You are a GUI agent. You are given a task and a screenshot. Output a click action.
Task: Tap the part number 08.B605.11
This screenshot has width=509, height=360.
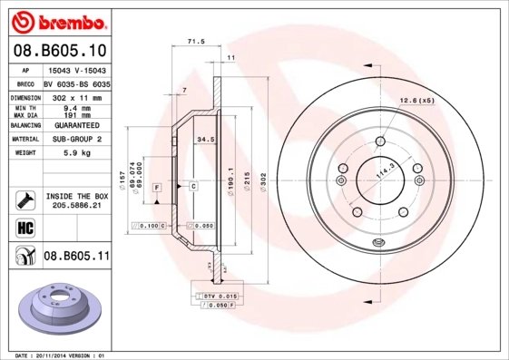tap(76, 257)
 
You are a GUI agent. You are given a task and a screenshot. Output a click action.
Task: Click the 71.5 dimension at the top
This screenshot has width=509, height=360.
tap(194, 41)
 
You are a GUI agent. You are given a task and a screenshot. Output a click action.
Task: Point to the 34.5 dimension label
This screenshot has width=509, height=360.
tap(205, 140)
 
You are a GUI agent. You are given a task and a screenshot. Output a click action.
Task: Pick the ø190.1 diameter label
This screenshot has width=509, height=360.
tap(231, 174)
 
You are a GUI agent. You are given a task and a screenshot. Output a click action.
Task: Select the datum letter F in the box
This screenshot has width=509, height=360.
tap(157, 187)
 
